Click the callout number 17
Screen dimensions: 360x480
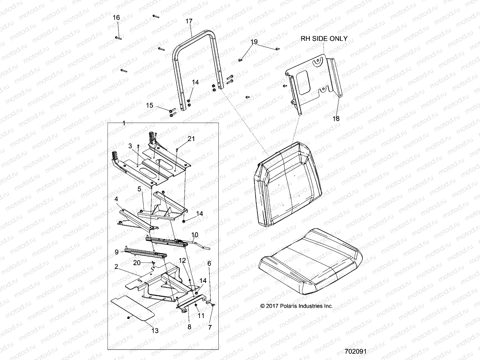click(189, 22)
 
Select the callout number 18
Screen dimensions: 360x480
click(336, 118)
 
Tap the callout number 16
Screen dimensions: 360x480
click(116, 18)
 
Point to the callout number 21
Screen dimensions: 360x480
click(191, 139)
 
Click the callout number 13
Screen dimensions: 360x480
click(155, 331)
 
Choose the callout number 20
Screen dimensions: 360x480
click(137, 263)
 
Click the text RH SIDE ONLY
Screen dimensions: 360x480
click(324, 38)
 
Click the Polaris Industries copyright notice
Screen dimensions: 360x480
click(296, 306)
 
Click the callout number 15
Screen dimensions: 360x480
click(150, 106)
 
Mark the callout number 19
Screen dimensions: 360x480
click(254, 42)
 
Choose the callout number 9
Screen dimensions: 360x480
click(117, 252)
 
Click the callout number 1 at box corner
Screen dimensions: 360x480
click(124, 123)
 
